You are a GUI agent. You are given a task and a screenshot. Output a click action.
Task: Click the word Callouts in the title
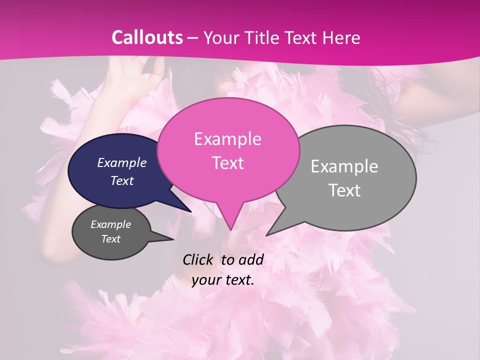click(147, 37)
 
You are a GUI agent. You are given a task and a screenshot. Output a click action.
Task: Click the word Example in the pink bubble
click(227, 139)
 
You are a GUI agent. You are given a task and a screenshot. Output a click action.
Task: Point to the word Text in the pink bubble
click(227, 163)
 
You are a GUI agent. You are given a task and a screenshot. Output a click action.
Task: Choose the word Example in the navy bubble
click(121, 162)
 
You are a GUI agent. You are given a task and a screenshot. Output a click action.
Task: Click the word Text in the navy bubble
click(121, 180)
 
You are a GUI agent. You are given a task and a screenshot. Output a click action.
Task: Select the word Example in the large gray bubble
click(344, 166)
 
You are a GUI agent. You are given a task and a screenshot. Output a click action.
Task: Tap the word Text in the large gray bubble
click(345, 190)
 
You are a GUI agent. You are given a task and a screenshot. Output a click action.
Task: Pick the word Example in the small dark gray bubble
click(110, 224)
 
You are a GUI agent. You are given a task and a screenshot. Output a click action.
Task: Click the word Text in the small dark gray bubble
click(110, 239)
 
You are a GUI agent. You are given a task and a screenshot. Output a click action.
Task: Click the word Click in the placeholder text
click(199, 259)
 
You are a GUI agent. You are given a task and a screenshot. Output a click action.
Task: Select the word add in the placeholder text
click(251, 259)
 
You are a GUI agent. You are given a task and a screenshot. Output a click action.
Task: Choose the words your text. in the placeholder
click(223, 280)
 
